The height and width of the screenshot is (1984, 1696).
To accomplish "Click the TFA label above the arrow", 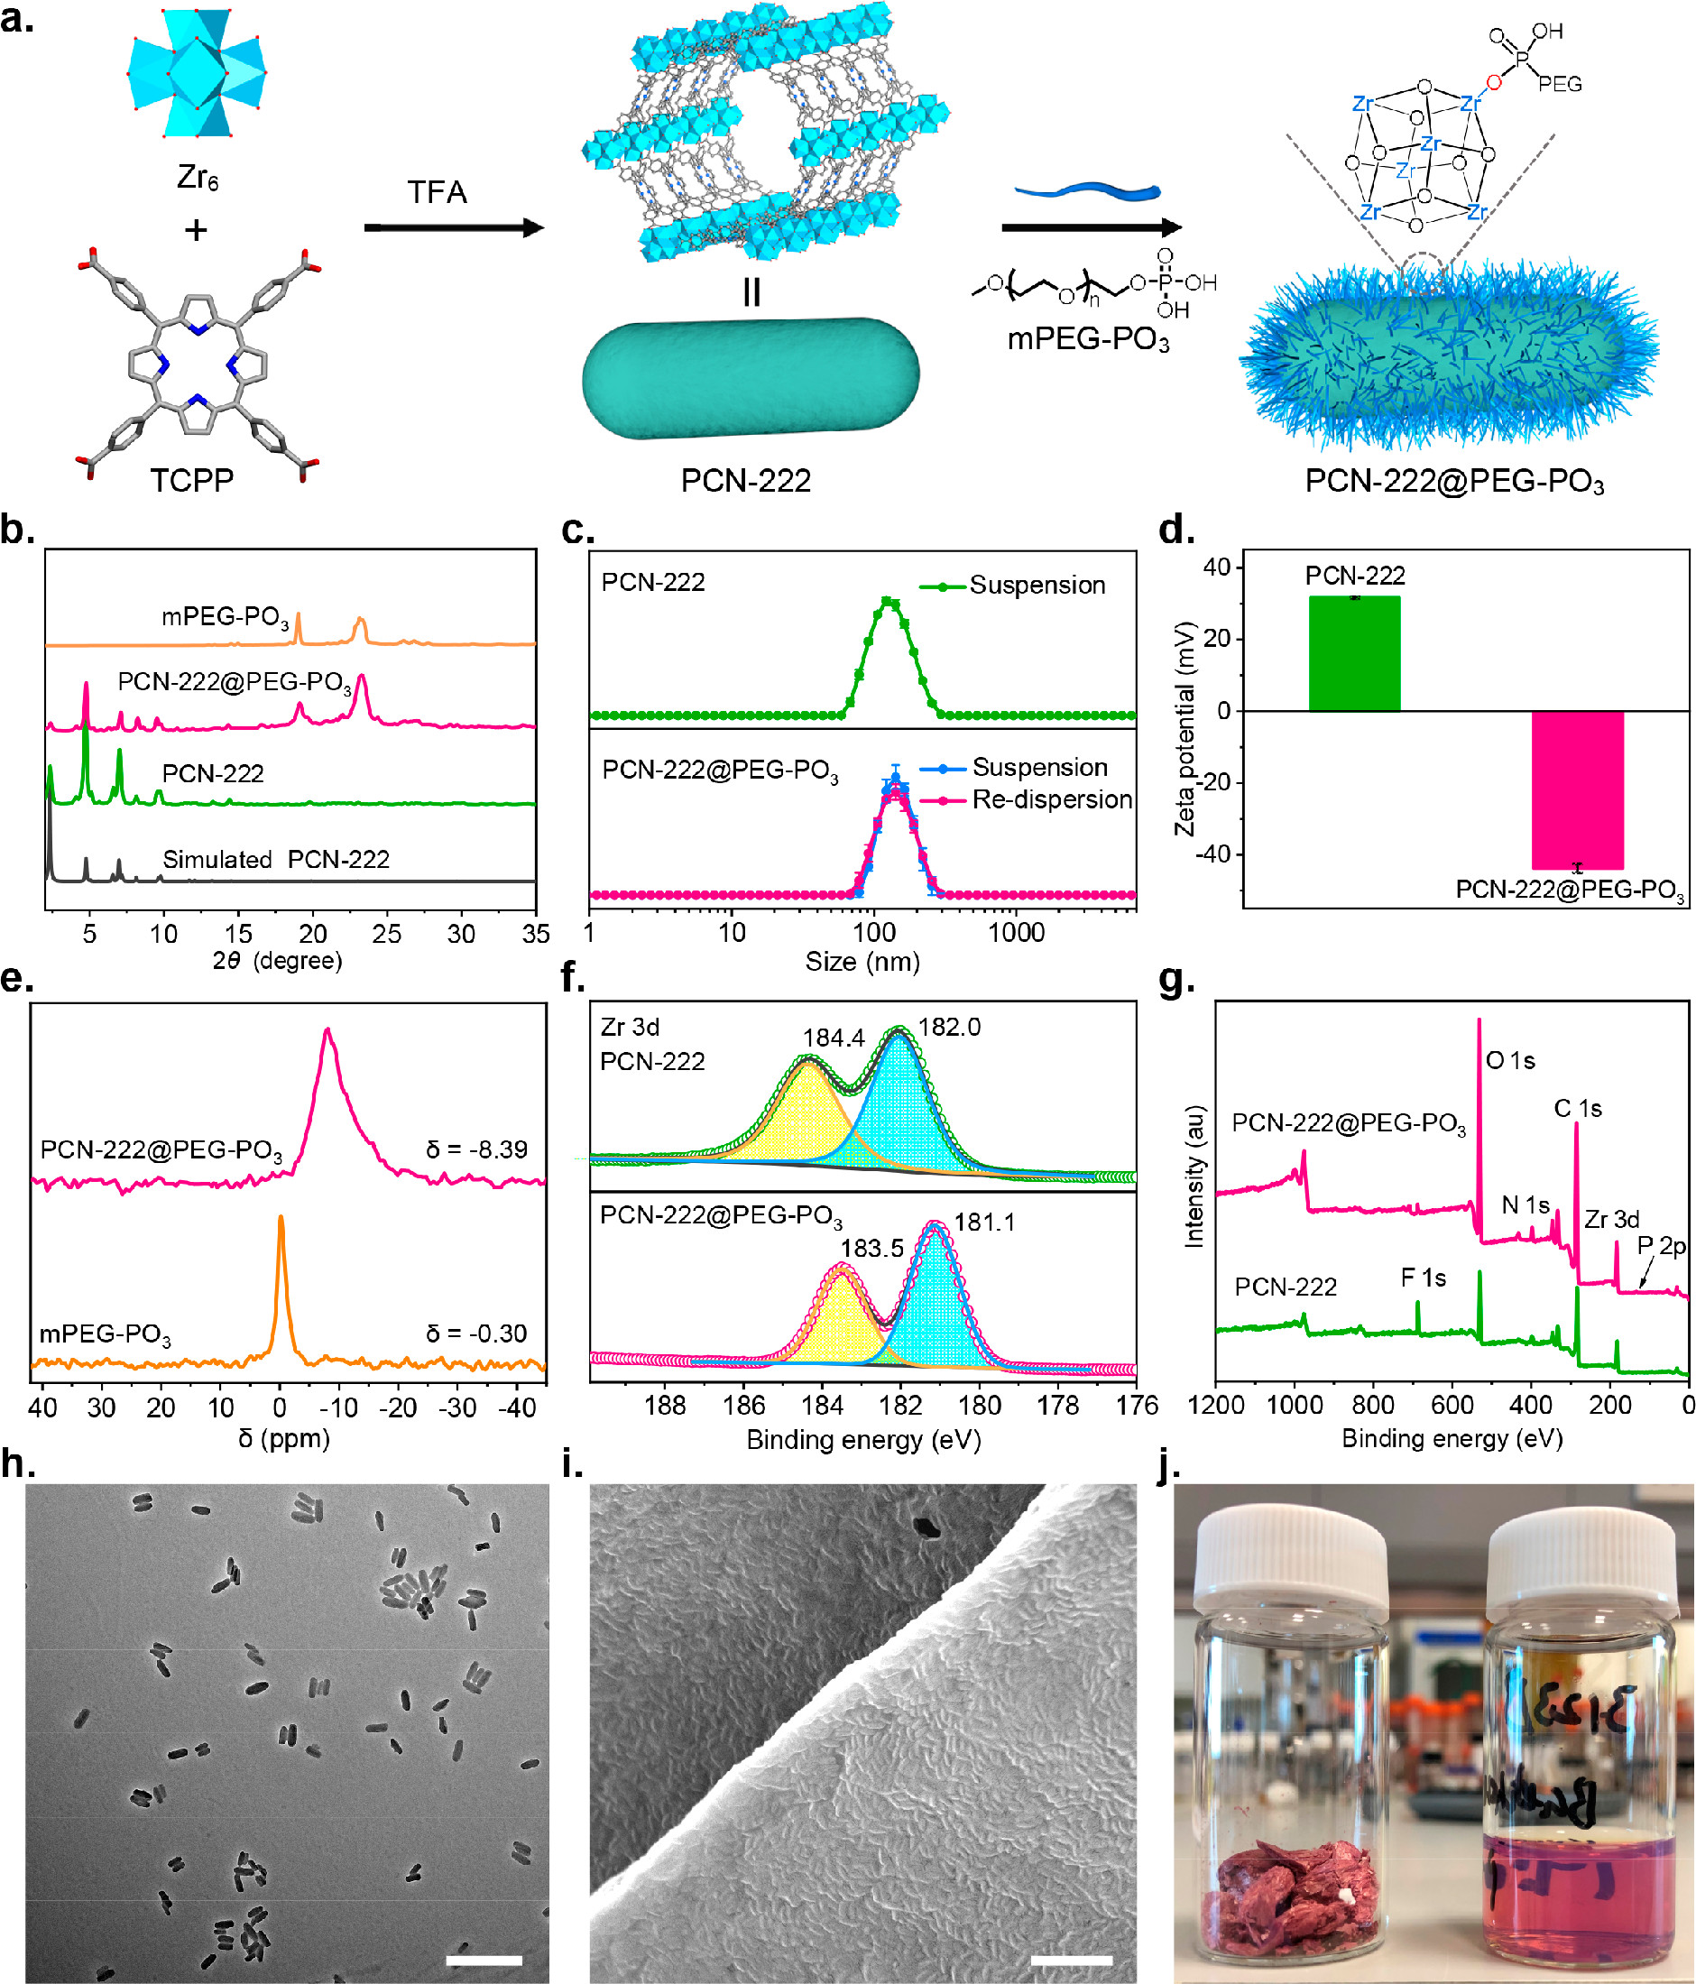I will pyautogui.click(x=437, y=192).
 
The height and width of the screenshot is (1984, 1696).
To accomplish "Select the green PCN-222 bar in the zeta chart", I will pyautogui.click(x=1354, y=653).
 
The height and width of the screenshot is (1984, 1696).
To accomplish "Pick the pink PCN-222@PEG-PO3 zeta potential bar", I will pyautogui.click(x=1576, y=789).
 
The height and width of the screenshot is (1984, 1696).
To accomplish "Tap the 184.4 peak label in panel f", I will pyautogui.click(x=834, y=1038).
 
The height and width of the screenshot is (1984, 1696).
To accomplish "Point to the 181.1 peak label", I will pyautogui.click(x=984, y=1222).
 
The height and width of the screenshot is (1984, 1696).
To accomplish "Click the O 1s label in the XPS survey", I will pyautogui.click(x=1510, y=1060).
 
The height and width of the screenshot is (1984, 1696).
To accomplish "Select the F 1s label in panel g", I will pyautogui.click(x=1423, y=1278).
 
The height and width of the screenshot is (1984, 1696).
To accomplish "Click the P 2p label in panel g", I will pyautogui.click(x=1661, y=1246).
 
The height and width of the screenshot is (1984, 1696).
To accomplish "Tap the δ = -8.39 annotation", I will pyautogui.click(x=476, y=1149).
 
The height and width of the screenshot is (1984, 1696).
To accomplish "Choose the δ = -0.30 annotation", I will pyautogui.click(x=476, y=1333).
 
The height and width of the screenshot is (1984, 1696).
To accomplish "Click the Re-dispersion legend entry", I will pyautogui.click(x=1051, y=799).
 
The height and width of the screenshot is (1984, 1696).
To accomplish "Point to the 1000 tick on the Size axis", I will pyautogui.click(x=1016, y=933).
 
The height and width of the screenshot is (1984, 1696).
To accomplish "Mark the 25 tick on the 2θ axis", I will pyautogui.click(x=387, y=934).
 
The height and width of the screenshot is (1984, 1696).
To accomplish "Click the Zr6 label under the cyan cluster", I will pyautogui.click(x=198, y=178).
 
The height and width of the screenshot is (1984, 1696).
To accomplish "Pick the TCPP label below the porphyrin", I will pyautogui.click(x=191, y=480).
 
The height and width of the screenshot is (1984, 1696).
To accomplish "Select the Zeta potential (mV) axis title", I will pyautogui.click(x=1185, y=728).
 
